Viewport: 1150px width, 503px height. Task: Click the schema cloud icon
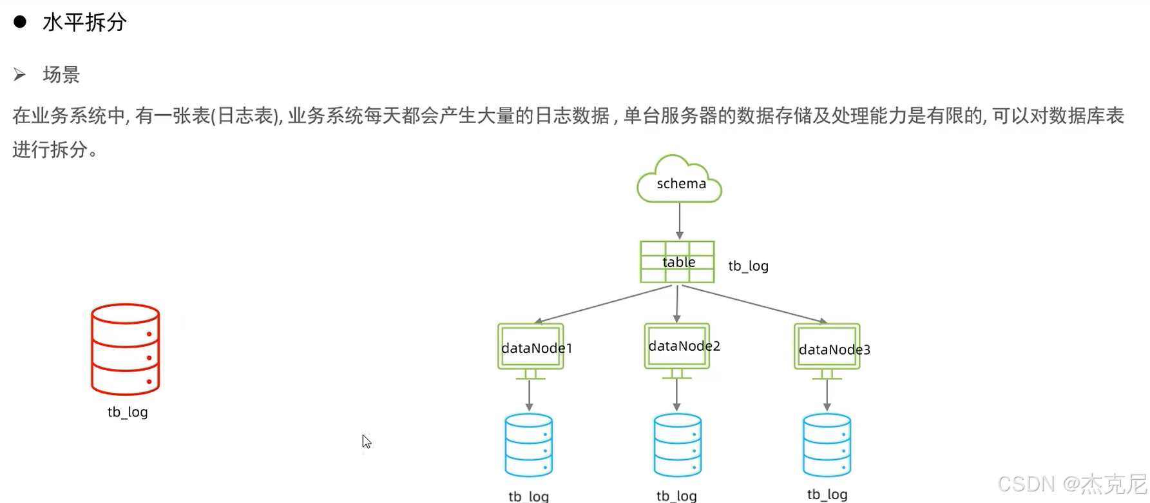click(679, 181)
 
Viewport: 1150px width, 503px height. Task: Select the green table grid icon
click(677, 262)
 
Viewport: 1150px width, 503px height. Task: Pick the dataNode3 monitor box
click(827, 348)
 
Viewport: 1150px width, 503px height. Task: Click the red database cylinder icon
click(125, 349)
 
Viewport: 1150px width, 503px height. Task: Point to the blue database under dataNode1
click(529, 445)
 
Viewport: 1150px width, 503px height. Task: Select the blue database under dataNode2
click(677, 445)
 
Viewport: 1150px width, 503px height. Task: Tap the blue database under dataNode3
click(827, 445)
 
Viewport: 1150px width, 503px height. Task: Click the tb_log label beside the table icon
click(748, 266)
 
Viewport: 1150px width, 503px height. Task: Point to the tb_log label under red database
click(128, 412)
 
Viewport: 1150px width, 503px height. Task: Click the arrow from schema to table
click(679, 221)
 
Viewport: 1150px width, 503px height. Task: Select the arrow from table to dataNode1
click(603, 304)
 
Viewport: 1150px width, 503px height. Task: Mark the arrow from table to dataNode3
click(754, 304)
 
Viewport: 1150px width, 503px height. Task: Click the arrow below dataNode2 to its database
click(676, 394)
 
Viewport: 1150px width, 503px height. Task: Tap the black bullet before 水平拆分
click(20, 22)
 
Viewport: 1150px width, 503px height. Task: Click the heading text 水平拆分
click(84, 23)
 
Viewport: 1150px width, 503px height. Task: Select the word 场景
click(61, 75)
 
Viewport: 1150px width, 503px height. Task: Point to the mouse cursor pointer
click(366, 442)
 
